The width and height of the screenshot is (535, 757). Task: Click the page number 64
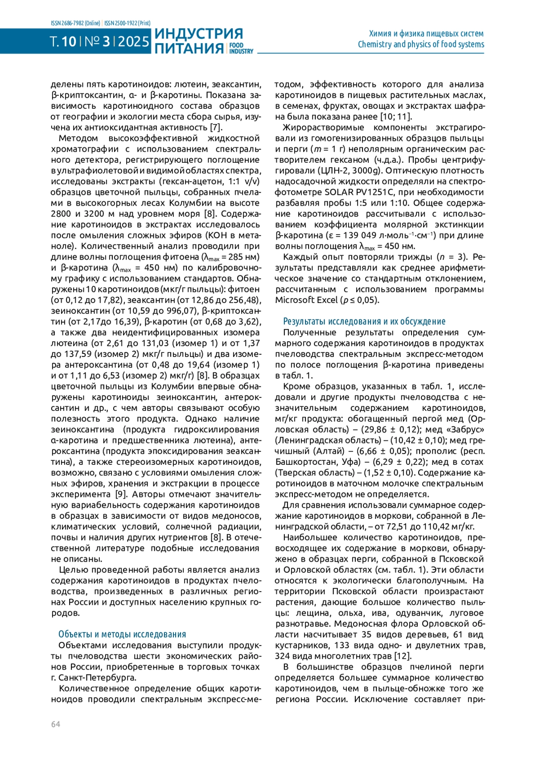(x=55, y=724)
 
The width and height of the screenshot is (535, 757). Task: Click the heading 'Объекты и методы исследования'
(x=122, y=634)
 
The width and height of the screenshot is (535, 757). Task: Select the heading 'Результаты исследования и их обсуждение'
(x=364, y=321)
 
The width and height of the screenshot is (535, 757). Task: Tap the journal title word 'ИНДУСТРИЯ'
(x=199, y=34)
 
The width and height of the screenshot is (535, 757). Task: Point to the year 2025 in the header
(x=134, y=42)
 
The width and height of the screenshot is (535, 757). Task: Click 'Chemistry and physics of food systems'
(x=420, y=44)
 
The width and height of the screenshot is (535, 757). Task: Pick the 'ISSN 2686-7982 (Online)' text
(x=75, y=23)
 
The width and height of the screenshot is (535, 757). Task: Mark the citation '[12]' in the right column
(x=403, y=656)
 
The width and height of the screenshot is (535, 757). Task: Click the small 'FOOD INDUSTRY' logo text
(x=241, y=48)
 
